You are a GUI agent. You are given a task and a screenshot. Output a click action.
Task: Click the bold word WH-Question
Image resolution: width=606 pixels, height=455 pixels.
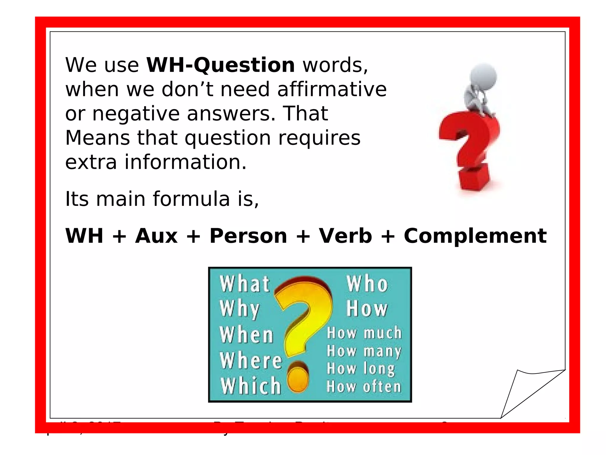coord(220,65)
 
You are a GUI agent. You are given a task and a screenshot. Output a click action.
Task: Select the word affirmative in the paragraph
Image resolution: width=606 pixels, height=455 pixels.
coord(332,89)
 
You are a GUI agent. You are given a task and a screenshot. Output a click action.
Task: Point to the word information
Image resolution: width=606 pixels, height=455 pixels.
coord(185,162)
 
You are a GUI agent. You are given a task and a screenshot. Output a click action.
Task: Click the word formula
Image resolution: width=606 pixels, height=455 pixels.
coord(191,199)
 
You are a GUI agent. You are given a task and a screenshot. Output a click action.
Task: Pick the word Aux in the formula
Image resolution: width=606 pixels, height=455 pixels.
coord(156,236)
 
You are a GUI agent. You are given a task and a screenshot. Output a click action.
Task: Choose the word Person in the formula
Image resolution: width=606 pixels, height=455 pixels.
coord(248,236)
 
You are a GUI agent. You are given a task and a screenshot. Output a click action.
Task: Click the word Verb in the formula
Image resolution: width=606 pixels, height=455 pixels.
coord(345,236)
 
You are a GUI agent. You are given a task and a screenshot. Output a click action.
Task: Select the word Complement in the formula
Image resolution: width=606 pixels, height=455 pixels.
coord(475,236)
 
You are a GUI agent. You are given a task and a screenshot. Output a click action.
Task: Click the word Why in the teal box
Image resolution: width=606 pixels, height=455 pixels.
coord(240,309)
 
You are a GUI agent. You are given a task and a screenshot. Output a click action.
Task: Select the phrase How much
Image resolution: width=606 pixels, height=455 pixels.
coord(364,333)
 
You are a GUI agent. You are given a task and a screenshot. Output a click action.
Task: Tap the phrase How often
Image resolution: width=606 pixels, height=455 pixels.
coord(364,387)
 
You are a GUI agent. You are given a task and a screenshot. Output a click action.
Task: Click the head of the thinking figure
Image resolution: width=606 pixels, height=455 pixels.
coord(483,76)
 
